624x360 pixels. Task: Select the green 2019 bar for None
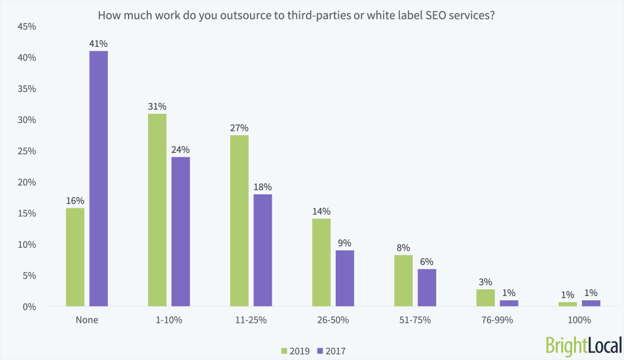tap(75, 257)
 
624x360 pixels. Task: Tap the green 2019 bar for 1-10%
tap(157, 210)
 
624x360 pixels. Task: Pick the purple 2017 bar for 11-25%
tap(263, 250)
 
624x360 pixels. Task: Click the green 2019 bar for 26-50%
tap(321, 263)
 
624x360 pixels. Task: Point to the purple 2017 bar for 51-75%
tap(427, 288)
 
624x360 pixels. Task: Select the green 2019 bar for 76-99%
tap(486, 298)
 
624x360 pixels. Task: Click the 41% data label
tap(99, 44)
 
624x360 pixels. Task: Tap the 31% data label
tap(157, 106)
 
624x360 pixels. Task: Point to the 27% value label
tap(239, 128)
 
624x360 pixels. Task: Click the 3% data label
tap(486, 282)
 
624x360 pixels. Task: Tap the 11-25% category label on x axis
tap(250, 320)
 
